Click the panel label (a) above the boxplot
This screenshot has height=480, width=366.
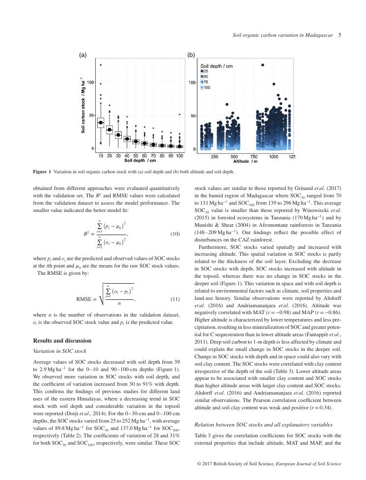[x=83, y=55]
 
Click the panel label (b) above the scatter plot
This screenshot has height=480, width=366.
[x=192, y=55]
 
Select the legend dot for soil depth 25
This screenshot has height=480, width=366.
[x=202, y=71]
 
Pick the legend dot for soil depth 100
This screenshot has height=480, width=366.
[x=202, y=87]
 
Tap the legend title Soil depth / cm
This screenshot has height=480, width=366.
[x=216, y=66]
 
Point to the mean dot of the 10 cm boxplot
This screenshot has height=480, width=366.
[x=101, y=122]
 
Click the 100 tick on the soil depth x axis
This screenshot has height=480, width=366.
[x=180, y=156]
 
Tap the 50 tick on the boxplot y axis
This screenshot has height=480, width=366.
[x=92, y=115]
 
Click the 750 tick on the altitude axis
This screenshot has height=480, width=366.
[x=253, y=156]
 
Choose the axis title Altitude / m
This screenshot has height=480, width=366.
[x=246, y=161]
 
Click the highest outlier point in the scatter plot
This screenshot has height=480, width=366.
[x=263, y=65]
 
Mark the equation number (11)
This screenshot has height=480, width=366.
[x=175, y=299]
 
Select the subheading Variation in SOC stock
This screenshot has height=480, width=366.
[x=59, y=351]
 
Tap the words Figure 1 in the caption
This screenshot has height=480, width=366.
[x=42, y=172]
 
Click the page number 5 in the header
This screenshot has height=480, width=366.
[x=339, y=35]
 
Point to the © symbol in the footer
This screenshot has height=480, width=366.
[x=199, y=463]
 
